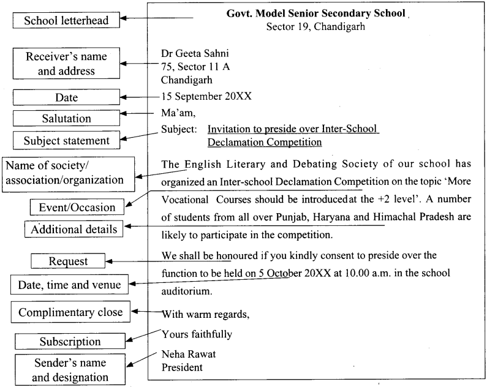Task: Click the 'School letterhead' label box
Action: (66, 21)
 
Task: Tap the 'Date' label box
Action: (66, 97)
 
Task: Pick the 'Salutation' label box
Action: (66, 118)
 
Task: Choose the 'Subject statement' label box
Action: (66, 140)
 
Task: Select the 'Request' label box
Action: (69, 261)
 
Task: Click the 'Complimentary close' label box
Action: (70, 312)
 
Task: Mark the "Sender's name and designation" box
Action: (70, 369)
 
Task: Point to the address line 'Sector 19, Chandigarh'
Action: (314, 27)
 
